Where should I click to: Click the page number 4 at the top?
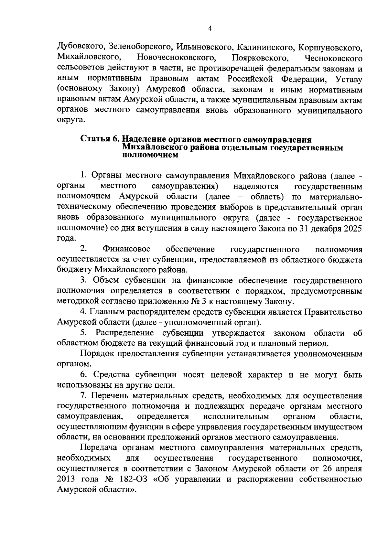(x=210, y=29)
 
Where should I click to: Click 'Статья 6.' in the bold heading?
(x=100, y=139)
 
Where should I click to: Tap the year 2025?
(x=352, y=228)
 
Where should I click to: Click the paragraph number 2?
(x=83, y=249)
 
